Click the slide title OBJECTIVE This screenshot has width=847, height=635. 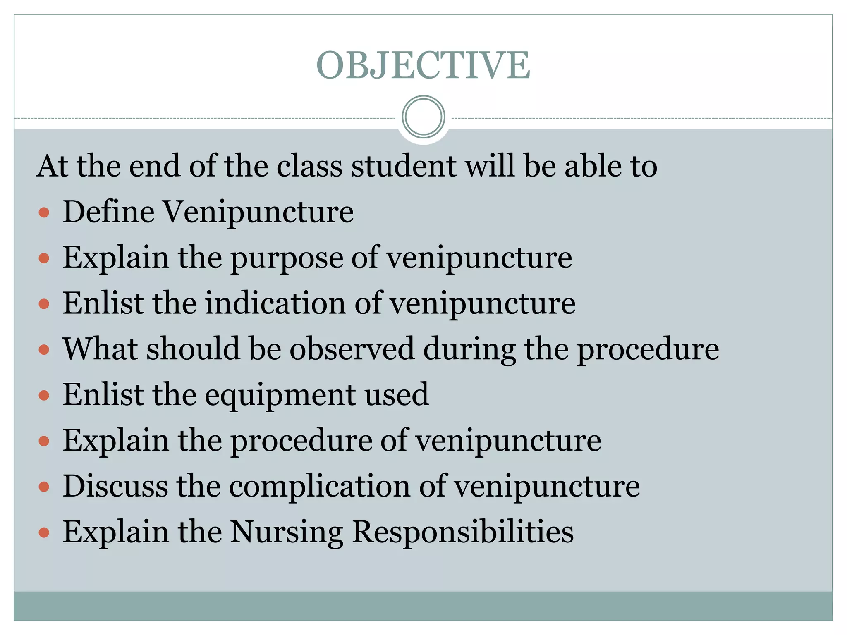[423, 65]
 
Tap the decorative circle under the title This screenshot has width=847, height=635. [423, 117]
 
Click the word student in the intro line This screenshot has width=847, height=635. [404, 166]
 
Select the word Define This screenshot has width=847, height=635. [109, 212]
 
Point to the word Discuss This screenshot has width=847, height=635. [115, 486]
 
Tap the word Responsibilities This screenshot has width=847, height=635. [463, 532]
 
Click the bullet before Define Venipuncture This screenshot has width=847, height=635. [44, 213]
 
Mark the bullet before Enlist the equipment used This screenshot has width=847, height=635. [44, 396]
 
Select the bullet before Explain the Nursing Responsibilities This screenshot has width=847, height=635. [44, 532]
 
